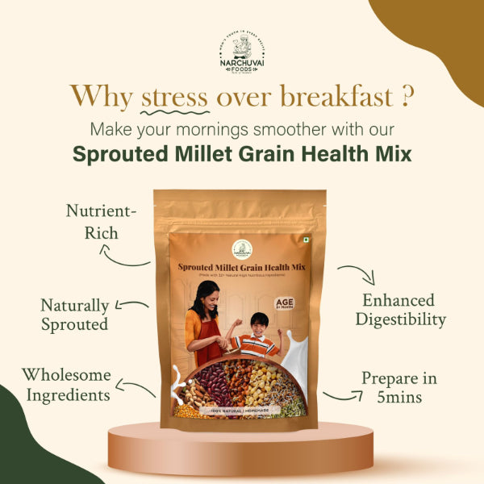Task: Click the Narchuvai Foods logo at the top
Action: click(x=242, y=49)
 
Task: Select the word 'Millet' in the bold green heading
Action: click(x=221, y=154)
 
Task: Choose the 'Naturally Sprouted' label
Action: click(x=75, y=315)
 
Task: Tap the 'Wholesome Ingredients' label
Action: click(x=66, y=385)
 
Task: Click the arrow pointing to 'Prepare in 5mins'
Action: click(x=342, y=394)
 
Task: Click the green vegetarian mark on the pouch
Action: click(x=307, y=240)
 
